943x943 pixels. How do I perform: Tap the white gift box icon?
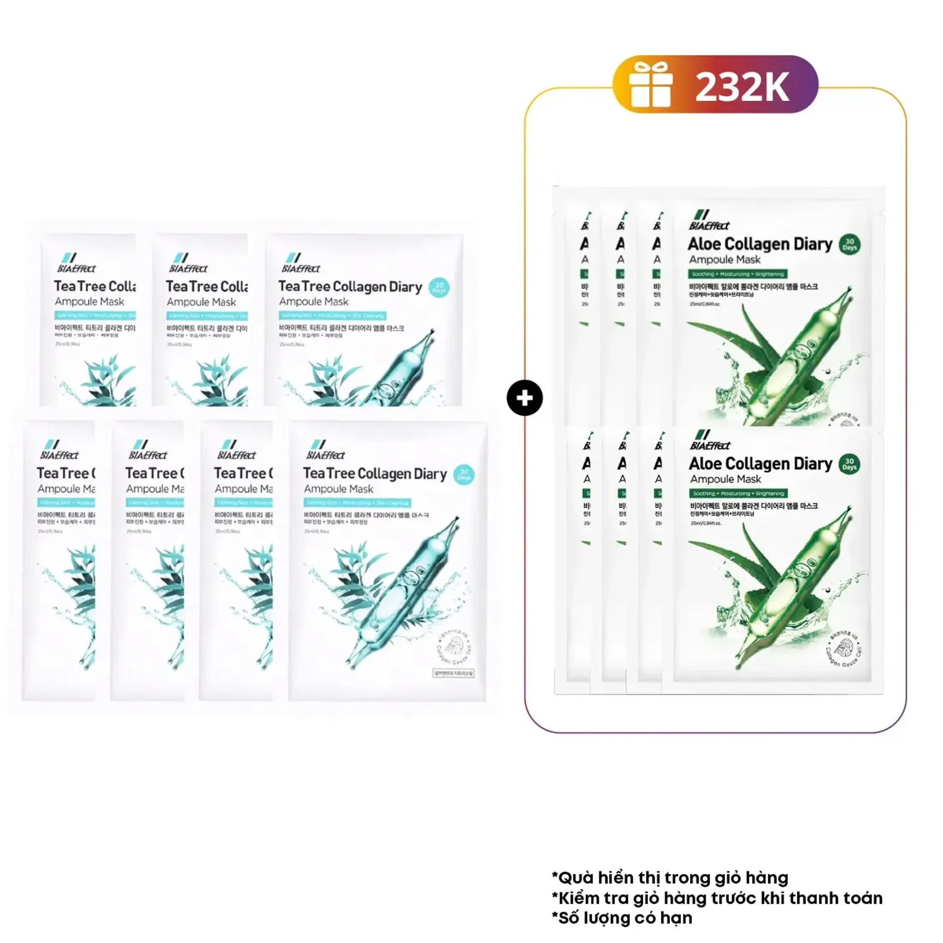(x=651, y=85)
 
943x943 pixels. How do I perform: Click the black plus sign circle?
(x=525, y=398)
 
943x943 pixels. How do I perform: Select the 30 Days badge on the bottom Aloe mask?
(x=849, y=464)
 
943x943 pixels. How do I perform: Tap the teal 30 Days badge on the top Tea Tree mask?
(x=439, y=287)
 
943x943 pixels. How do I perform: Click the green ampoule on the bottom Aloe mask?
(x=794, y=571)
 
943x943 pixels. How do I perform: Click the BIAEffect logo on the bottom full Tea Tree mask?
(x=325, y=450)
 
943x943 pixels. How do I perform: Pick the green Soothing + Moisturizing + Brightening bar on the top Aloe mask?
(x=737, y=274)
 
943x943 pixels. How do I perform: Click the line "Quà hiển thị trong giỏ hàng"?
(x=670, y=877)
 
